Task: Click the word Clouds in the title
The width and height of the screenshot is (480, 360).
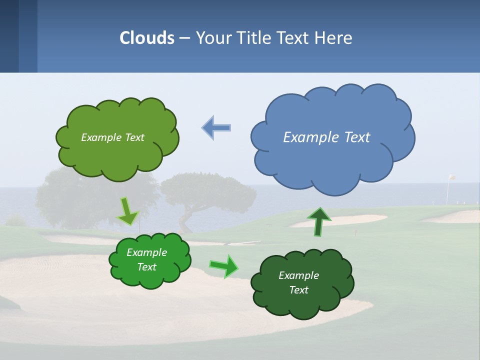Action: tap(147, 38)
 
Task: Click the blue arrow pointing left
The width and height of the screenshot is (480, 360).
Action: tap(216, 127)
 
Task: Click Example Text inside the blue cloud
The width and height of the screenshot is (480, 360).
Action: tap(326, 137)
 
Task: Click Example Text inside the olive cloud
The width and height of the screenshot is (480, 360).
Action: tap(112, 137)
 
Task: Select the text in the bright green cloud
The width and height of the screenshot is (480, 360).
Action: tap(146, 260)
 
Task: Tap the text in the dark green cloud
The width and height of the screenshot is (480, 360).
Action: tap(298, 282)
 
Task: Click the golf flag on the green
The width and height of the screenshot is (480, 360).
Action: tap(451, 178)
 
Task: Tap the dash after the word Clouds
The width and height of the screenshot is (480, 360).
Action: tap(184, 38)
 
